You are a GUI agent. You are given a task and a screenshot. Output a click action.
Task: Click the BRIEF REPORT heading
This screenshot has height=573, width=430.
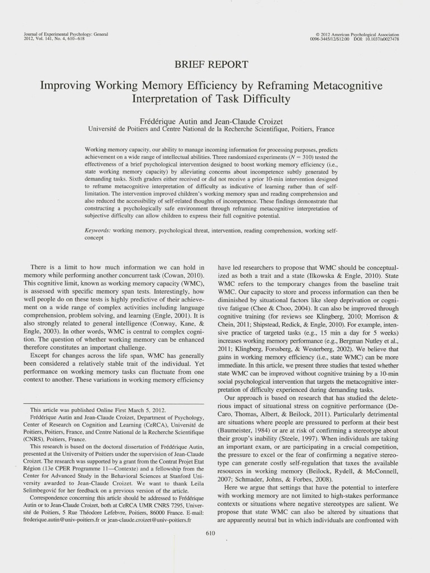[211, 65]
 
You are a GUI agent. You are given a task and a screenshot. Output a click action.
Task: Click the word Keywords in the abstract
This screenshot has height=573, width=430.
[96, 231]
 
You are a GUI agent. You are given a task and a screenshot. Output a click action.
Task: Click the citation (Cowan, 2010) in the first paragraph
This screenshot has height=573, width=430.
[185, 276]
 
